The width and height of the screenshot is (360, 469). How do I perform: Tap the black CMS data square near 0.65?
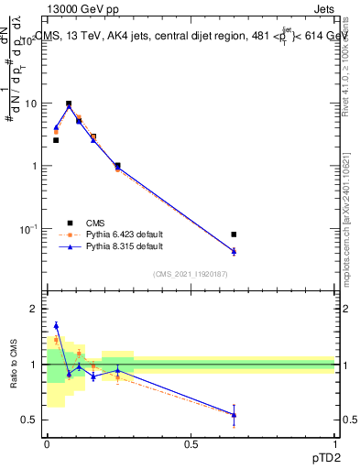235,234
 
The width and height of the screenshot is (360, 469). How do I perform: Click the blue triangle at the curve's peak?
69,106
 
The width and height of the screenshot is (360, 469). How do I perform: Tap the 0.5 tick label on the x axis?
191,443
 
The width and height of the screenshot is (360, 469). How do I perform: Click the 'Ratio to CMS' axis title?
13,364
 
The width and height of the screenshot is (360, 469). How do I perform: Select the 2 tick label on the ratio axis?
37,310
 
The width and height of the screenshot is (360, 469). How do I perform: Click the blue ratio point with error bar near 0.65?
235,414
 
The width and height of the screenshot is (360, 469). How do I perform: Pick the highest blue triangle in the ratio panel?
56,325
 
